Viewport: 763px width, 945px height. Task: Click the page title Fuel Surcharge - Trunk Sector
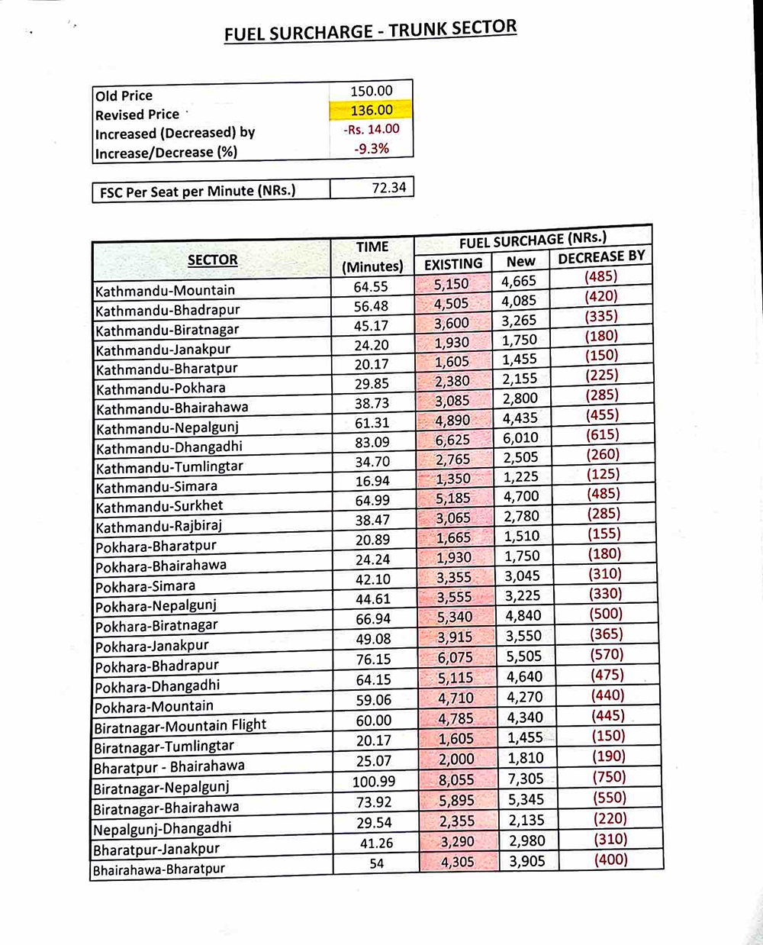point(370,31)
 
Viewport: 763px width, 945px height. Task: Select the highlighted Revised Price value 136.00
point(372,110)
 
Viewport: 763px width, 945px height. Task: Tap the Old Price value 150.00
point(372,91)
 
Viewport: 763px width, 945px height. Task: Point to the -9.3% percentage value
point(372,149)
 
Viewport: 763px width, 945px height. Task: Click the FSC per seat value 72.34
point(389,188)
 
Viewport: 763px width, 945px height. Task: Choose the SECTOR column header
point(212,260)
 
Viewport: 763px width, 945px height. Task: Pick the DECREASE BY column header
point(601,257)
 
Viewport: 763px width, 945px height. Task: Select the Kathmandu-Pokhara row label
point(161,388)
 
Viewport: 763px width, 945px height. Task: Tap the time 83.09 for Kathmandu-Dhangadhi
point(372,442)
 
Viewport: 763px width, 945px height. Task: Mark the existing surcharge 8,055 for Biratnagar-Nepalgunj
point(456,780)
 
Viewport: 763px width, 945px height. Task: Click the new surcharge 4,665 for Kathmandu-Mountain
point(519,281)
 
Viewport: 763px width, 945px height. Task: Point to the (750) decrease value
point(609,777)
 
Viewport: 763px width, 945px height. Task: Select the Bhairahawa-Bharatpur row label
point(159,869)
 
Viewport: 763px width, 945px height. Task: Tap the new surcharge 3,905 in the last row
point(527,861)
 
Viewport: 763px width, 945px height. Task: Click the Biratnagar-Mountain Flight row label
point(180,725)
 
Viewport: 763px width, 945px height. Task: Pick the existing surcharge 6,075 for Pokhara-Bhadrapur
point(455,657)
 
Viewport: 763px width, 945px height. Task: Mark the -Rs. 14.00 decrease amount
point(372,129)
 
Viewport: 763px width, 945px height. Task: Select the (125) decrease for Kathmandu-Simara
point(603,474)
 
